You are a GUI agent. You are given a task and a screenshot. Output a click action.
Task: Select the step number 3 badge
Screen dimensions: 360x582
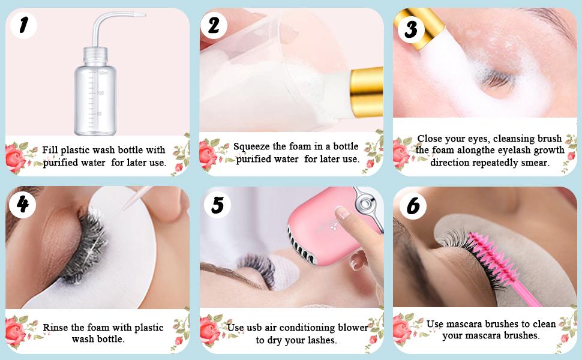click(x=411, y=28)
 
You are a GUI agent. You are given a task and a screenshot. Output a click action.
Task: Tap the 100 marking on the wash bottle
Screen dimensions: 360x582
click(x=100, y=93)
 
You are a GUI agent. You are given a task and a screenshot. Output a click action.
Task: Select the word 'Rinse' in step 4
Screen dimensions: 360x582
click(x=56, y=328)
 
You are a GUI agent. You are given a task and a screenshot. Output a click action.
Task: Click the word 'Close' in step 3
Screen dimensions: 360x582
click(x=431, y=139)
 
